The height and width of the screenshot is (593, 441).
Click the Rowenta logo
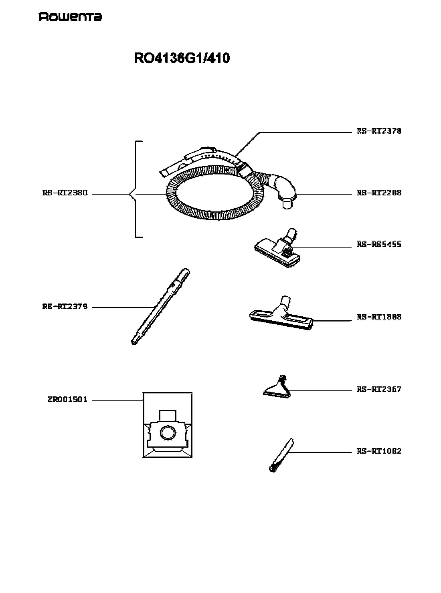[x=70, y=17]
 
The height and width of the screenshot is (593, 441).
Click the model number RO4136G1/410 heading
[x=182, y=58]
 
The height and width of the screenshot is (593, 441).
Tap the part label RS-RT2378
[x=379, y=131]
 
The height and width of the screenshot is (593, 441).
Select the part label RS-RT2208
[x=379, y=193]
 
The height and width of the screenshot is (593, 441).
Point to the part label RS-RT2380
[x=65, y=193]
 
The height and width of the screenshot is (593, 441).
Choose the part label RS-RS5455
[x=379, y=244]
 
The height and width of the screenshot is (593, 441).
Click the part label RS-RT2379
[x=65, y=306]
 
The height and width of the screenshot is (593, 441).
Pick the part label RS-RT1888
[x=379, y=317]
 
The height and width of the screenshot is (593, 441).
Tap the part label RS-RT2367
[x=379, y=389]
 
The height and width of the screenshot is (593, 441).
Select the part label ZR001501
[x=67, y=399]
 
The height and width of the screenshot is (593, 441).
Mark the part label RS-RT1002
[x=379, y=451]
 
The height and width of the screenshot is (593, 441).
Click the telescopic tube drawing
[x=160, y=307]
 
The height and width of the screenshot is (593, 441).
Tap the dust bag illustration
[x=168, y=425]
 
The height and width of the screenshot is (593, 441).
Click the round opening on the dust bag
[x=168, y=432]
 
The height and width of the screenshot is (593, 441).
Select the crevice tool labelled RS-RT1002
[x=281, y=454]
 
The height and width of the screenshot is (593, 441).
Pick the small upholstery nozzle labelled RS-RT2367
[x=277, y=387]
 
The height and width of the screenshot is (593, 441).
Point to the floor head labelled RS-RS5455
[x=277, y=248]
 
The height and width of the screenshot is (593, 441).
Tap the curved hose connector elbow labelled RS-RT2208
[x=283, y=189]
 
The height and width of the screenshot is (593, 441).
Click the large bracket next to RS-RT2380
[x=136, y=189]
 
